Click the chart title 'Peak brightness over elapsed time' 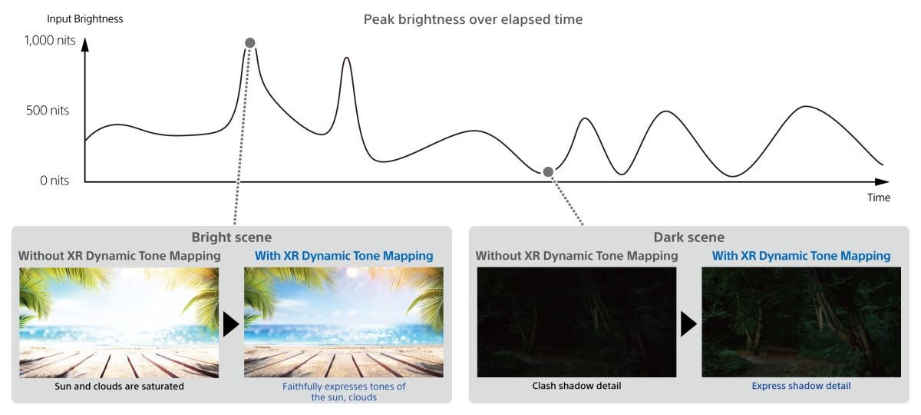(473, 19)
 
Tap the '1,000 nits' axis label (50, 40)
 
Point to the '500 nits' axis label (48, 111)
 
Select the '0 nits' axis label (54, 181)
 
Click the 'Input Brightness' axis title (84, 19)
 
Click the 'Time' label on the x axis (879, 198)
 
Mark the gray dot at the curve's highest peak (250, 43)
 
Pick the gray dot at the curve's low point (548, 171)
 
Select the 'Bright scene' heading (232, 237)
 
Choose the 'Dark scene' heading (688, 237)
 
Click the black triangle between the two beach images (231, 324)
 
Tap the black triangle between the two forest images (688, 324)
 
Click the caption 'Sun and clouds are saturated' (119, 386)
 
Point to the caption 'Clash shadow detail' (576, 386)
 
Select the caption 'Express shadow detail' (801, 386)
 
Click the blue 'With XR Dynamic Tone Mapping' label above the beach (344, 256)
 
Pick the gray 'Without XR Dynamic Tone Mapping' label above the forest (576, 256)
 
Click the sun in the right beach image (352, 273)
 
